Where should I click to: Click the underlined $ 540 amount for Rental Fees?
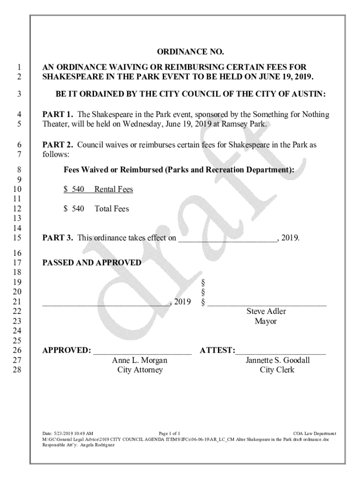tap(74, 189)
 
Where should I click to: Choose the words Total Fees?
tap(112, 209)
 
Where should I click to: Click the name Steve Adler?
tap(266, 312)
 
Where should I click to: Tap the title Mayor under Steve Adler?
tap(266, 321)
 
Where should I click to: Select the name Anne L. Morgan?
tap(139, 360)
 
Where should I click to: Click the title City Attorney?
tap(140, 370)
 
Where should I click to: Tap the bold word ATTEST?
tap(217, 350)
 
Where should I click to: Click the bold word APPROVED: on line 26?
tap(66, 350)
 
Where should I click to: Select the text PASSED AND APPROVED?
tap(92, 263)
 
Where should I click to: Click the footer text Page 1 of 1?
tap(170, 434)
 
